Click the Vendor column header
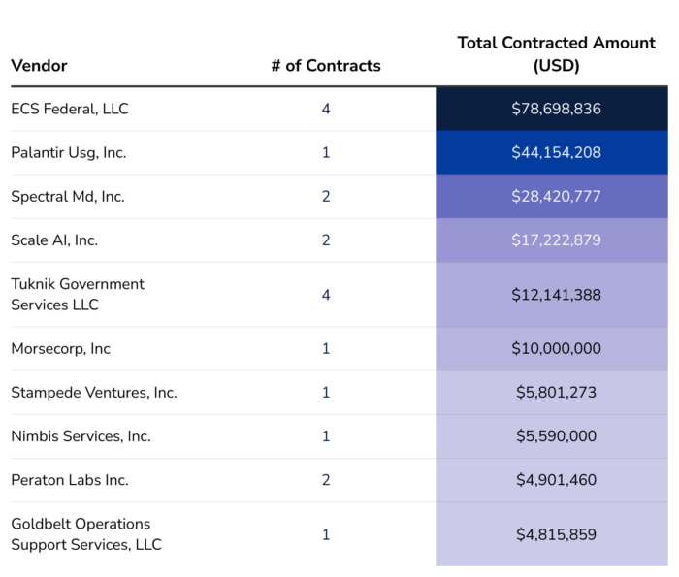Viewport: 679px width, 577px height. [x=39, y=66]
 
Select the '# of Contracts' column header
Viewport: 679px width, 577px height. [x=326, y=66]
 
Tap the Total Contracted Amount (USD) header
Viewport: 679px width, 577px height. [x=556, y=54]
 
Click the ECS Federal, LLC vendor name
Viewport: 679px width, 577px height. [x=70, y=109]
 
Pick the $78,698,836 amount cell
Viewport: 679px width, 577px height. [x=556, y=109]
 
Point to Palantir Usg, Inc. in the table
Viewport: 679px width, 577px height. [x=69, y=152]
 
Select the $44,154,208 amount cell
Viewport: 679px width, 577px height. [x=556, y=152]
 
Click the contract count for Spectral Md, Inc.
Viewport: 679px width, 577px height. [x=326, y=196]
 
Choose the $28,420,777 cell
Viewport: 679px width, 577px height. [x=556, y=196]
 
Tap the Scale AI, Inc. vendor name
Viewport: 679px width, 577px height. [x=54, y=240]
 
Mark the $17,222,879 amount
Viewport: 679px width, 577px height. [x=556, y=240]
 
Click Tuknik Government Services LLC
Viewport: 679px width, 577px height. [x=78, y=294]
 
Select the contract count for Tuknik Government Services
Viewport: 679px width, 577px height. [x=326, y=294]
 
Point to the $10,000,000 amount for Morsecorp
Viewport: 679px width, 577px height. [x=556, y=348]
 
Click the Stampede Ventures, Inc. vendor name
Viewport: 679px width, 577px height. [x=94, y=393]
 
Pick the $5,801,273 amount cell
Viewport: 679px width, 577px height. [x=556, y=393]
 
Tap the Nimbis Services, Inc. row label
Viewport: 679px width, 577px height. [x=81, y=436]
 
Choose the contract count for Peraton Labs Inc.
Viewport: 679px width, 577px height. [x=326, y=480]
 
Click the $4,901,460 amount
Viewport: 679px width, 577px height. [x=556, y=480]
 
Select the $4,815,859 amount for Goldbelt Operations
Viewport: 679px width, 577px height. [x=556, y=534]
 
